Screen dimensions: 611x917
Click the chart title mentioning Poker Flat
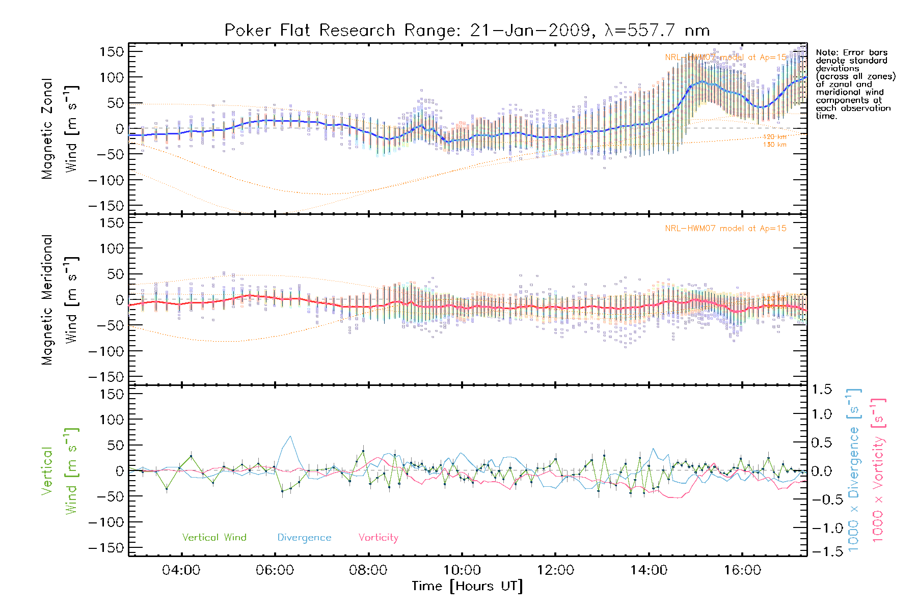coord(467,31)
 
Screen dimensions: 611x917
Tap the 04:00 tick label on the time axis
coord(181,570)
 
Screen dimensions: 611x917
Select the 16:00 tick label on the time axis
coord(742,570)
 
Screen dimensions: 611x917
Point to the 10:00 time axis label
coord(462,570)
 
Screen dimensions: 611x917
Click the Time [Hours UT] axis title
coord(467,586)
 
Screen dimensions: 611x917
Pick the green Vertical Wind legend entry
coord(214,538)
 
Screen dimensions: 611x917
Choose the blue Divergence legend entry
coord(304,538)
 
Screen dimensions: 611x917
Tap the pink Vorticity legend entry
coord(378,538)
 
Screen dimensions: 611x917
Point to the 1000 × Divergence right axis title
coord(854,471)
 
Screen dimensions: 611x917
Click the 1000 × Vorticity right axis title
coord(878,471)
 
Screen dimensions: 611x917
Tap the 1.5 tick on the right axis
coord(822,390)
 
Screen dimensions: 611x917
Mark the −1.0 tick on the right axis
coord(822,528)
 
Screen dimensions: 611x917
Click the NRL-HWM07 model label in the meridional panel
coord(725,229)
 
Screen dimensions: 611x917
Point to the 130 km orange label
coord(774,145)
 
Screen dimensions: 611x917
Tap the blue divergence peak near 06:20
coord(290,436)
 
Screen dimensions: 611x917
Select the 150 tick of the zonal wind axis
coord(112,51)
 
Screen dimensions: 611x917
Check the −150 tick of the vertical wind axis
coord(106,548)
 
